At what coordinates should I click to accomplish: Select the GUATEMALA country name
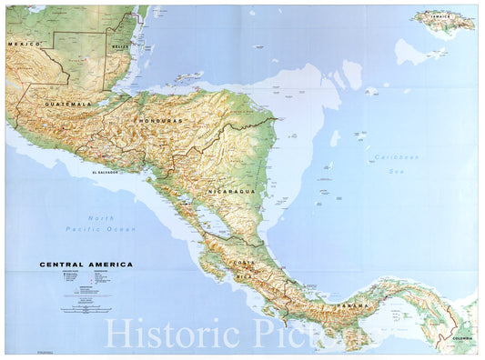point(71,105)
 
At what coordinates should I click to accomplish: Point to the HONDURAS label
point(161,120)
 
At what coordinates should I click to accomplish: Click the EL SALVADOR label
point(106,172)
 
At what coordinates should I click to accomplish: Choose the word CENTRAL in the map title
point(64,264)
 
